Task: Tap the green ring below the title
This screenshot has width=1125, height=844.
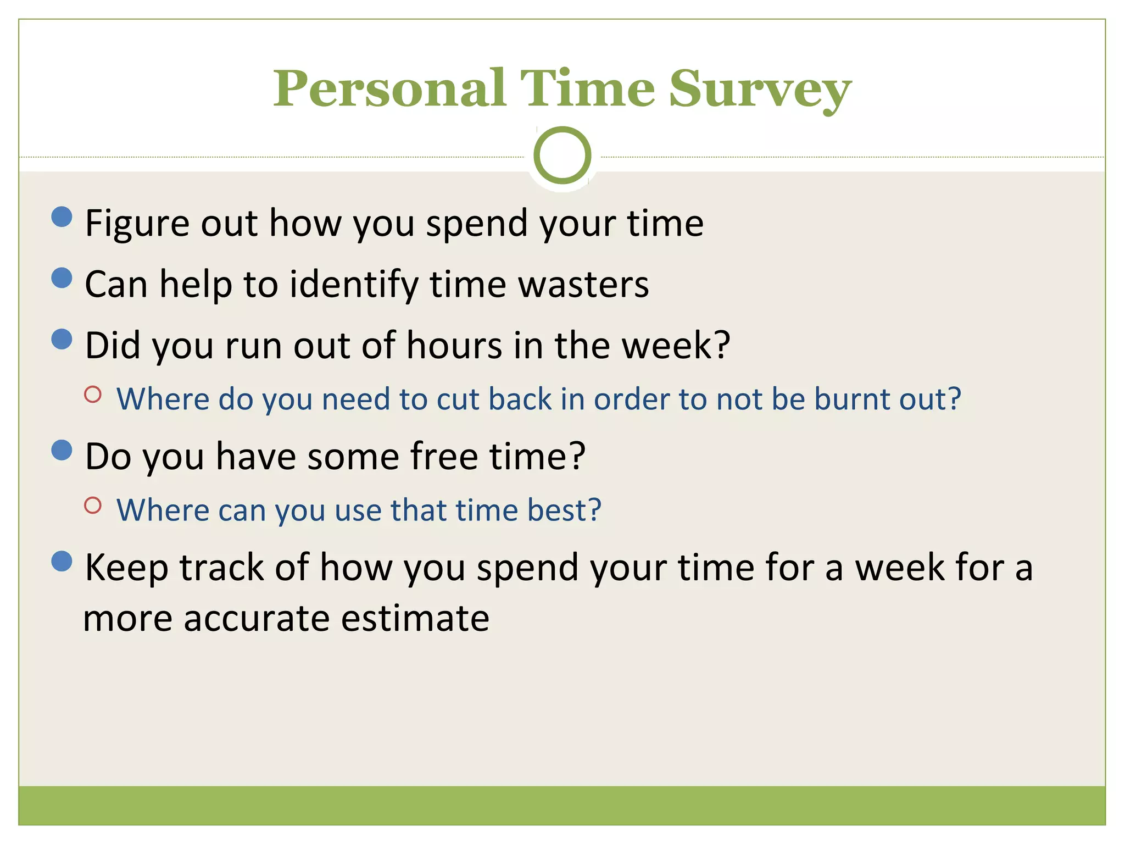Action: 562,155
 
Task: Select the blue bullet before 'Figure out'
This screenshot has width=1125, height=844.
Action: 62,216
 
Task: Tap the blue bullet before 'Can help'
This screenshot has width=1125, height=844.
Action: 62,278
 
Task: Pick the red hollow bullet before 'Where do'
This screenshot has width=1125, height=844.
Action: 93,394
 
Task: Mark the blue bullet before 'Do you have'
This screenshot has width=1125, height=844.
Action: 62,451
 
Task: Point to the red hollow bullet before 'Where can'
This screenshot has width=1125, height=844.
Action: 93,506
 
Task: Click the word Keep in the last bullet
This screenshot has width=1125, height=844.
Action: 126,568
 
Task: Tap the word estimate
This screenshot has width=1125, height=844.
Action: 415,618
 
